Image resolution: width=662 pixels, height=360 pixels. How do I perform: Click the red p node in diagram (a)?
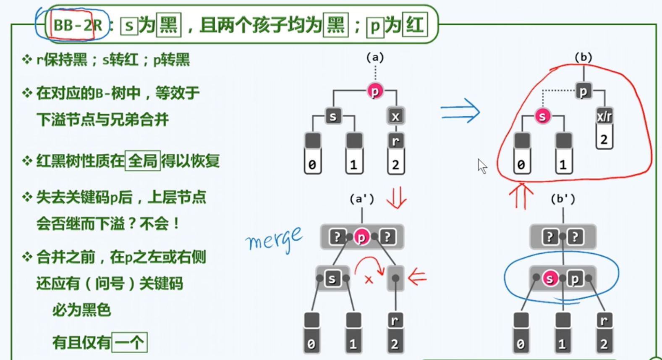[x=375, y=91]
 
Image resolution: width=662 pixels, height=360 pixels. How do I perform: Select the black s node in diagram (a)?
[x=333, y=116]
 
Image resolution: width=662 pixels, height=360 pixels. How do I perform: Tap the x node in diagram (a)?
[x=395, y=116]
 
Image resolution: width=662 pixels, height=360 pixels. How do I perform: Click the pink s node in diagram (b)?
[x=542, y=116]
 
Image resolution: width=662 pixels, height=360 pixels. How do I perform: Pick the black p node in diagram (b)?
[x=583, y=91]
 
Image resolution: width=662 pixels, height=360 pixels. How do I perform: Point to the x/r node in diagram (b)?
[x=604, y=116]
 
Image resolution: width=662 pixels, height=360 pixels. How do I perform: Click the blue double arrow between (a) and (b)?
[x=460, y=111]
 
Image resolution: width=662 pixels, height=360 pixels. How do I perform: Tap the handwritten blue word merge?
[x=274, y=239]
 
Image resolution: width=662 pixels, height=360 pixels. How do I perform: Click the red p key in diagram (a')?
[x=361, y=237]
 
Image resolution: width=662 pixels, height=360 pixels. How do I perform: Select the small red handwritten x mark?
[x=369, y=280]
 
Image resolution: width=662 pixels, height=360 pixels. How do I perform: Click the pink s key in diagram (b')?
[x=549, y=278]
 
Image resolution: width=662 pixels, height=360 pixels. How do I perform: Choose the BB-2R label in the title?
[x=78, y=25]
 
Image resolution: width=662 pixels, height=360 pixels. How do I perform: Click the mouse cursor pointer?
[x=482, y=166]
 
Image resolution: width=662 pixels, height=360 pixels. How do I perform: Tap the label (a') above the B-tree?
[x=361, y=199]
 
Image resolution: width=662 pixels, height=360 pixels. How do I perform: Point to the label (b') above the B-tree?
[x=563, y=199]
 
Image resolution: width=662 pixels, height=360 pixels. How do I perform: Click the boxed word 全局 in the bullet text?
[x=143, y=161]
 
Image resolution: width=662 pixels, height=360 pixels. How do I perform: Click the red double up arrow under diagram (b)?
[x=521, y=195]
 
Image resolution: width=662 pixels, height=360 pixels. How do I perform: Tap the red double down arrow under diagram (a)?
[x=396, y=197]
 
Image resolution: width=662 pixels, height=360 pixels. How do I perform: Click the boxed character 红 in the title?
[x=415, y=25]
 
